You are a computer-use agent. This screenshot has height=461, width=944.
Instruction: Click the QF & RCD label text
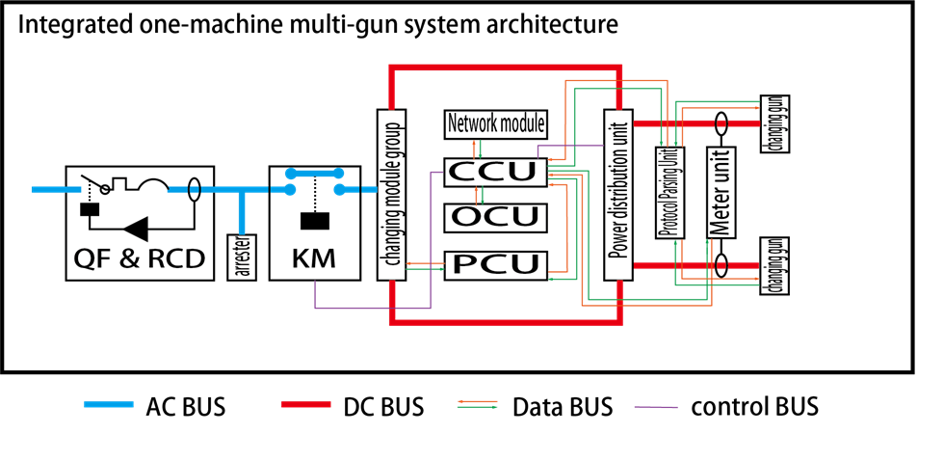140,258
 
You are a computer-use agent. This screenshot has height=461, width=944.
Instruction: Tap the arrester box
243,257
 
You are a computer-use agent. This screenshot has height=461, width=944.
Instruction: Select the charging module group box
391,194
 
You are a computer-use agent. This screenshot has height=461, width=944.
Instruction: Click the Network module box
496,124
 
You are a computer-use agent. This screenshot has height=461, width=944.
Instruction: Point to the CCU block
495,172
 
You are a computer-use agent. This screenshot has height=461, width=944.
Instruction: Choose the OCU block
495,217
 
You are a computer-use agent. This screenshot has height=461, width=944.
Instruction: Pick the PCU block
495,264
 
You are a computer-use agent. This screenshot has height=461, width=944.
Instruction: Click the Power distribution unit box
617,194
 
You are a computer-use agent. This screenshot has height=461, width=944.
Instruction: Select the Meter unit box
721,193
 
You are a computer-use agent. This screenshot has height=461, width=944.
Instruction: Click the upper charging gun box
774,123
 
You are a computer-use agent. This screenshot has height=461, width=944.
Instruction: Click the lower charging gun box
774,265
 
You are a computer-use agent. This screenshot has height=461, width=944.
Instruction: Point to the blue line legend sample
109,404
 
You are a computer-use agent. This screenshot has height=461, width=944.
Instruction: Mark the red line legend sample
306,404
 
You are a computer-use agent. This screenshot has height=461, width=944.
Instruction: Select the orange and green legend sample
477,404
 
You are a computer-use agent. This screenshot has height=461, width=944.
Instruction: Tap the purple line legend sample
655,407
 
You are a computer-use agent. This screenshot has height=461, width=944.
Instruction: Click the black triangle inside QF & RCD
136,229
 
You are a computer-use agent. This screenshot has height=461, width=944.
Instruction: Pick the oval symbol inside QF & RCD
194,189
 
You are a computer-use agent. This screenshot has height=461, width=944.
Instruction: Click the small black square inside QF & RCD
89,209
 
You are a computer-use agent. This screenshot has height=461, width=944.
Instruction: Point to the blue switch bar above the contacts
314,174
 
